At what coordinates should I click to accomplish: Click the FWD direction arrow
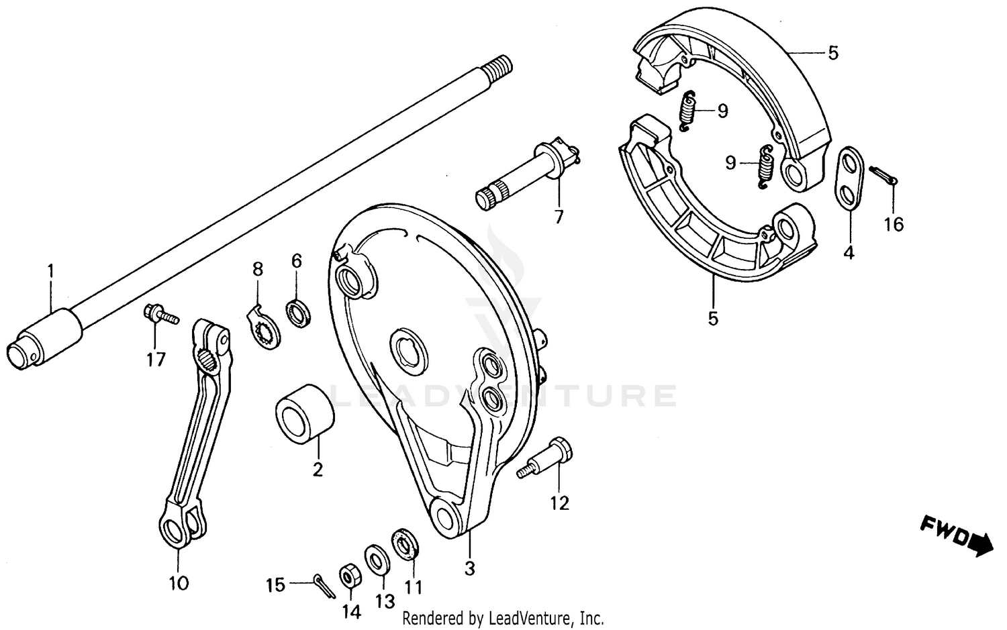click(956, 536)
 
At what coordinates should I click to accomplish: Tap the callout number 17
click(156, 360)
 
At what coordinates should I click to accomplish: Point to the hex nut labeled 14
click(349, 576)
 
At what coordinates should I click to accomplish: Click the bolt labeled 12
click(549, 458)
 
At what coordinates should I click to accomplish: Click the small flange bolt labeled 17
click(157, 314)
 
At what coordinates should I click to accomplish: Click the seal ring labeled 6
click(299, 313)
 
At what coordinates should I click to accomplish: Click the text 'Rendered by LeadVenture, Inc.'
click(503, 617)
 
